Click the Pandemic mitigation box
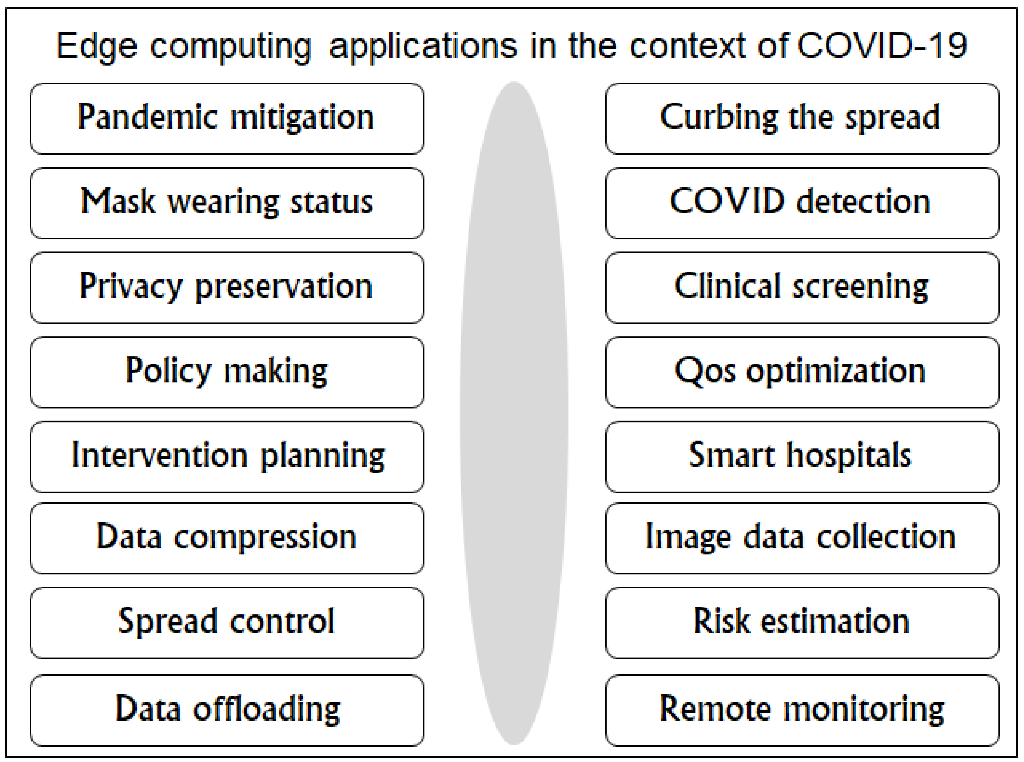pos(227,118)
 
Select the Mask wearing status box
pos(227,203)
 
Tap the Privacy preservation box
pos(227,287)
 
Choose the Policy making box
pos(227,372)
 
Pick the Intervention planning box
pos(227,456)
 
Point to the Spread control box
pos(227,622)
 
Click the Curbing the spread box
pos(802,118)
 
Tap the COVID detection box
pos(802,203)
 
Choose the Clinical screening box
pos(802,287)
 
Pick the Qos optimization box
pos(802,372)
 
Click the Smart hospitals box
pos(802,456)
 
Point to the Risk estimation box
pos(802,622)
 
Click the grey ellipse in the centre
pos(514,413)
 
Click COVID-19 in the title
pos(882,46)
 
